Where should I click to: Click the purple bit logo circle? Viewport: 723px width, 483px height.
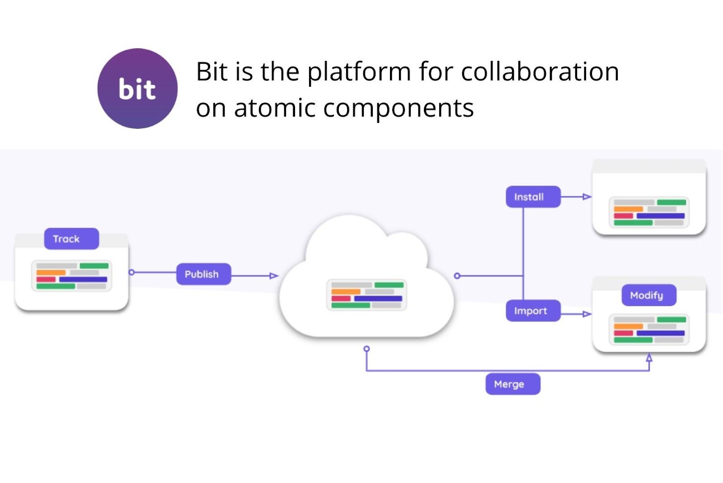(137, 89)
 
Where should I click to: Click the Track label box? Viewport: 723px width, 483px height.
(71, 239)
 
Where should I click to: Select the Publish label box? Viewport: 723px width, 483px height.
(204, 274)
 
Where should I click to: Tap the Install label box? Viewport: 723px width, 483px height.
(533, 197)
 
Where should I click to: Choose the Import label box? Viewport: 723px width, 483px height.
(533, 311)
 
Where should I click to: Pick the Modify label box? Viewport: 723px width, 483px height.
(649, 295)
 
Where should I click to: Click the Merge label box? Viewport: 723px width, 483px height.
(513, 384)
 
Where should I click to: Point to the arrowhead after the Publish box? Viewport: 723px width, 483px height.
(274, 276)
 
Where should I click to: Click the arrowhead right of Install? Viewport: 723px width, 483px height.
(587, 197)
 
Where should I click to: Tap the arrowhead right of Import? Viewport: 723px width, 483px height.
(587, 314)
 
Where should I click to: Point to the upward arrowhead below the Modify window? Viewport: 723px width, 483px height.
(649, 357)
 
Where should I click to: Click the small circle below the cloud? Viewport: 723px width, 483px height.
(366, 349)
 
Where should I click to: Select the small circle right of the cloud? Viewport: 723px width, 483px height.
(457, 276)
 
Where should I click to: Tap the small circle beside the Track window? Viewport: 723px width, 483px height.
(131, 272)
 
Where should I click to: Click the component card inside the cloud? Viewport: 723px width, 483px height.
(366, 295)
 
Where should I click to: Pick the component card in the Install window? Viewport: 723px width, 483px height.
(649, 212)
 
